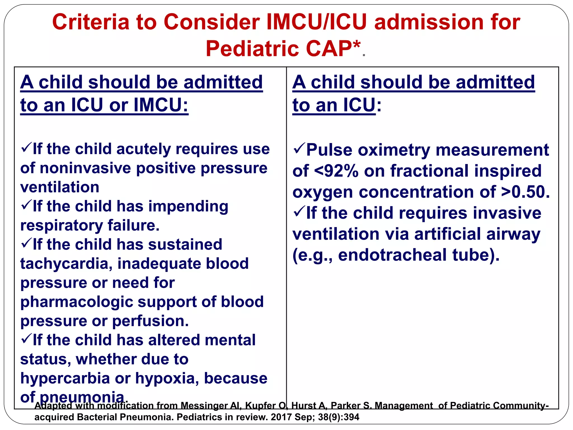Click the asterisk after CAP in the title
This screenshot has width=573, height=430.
[x=356, y=45]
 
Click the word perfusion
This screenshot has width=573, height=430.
[x=150, y=321]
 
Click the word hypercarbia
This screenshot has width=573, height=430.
[x=65, y=378]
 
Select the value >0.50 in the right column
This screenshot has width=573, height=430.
[x=525, y=192]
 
